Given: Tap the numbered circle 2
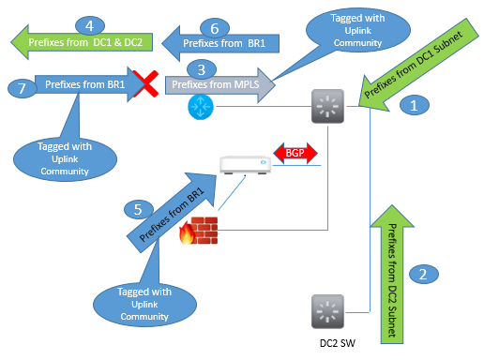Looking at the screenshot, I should pos(423,274).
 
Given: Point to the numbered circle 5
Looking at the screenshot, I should pos(136,209).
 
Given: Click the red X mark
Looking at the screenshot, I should pos(146,87).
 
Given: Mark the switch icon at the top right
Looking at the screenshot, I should pos(329,109).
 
